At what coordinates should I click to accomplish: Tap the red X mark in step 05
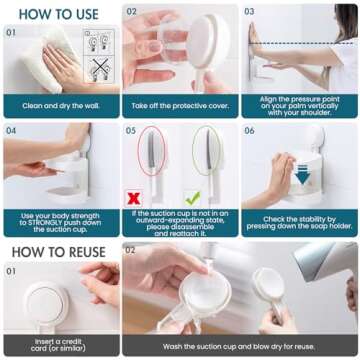point(134,198)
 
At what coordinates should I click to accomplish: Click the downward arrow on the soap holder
point(301,176)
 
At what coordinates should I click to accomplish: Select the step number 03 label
point(250,12)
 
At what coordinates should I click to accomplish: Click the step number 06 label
point(250,130)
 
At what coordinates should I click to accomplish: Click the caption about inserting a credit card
point(60,345)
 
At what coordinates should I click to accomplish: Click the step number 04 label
point(11,130)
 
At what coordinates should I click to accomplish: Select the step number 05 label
point(131,130)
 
